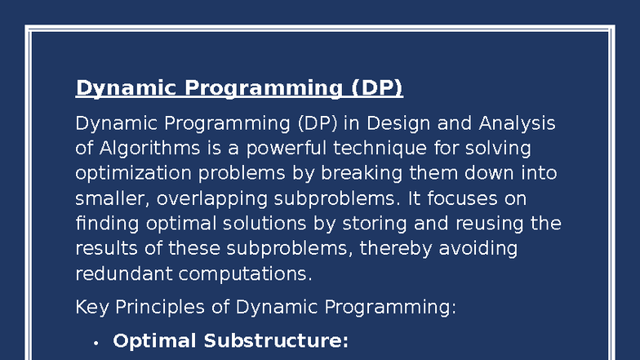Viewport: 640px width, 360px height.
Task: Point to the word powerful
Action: (x=279, y=149)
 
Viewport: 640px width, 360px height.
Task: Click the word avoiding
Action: (x=478, y=248)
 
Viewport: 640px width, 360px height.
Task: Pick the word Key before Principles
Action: (x=91, y=308)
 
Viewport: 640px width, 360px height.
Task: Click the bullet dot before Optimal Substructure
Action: (x=96, y=343)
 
